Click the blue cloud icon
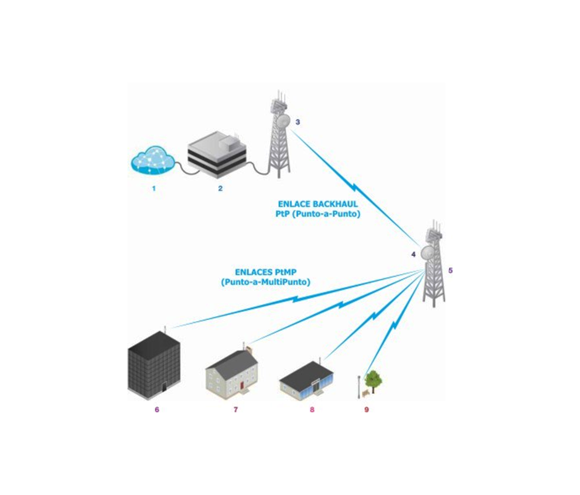pyautogui.click(x=153, y=162)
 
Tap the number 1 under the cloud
pyautogui.click(x=154, y=188)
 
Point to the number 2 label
pyautogui.click(x=221, y=188)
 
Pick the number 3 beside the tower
pyautogui.click(x=298, y=122)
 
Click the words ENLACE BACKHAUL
pyautogui.click(x=318, y=205)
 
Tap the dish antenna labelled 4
pyautogui.click(x=428, y=252)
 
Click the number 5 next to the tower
pyautogui.click(x=451, y=270)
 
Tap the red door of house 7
pyautogui.click(x=241, y=384)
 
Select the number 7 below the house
pyautogui.click(x=236, y=410)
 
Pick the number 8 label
pyautogui.click(x=312, y=410)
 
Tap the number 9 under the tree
pyautogui.click(x=366, y=410)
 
